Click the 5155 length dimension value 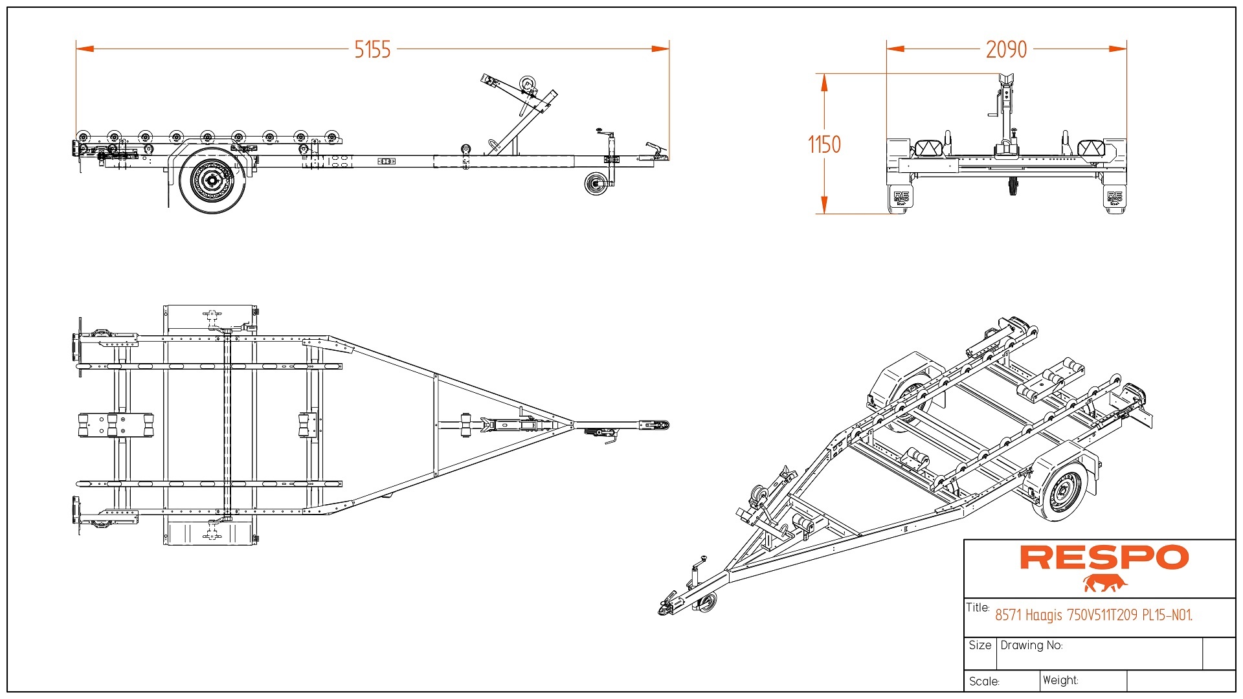point(372,49)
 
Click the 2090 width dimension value point(1006,49)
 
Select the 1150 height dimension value point(824,144)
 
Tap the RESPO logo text point(1104,557)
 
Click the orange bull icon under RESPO point(1104,582)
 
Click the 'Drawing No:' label point(1031,645)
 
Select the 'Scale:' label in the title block point(984,682)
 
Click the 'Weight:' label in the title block point(1060,680)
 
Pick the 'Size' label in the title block point(980,645)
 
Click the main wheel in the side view point(212,181)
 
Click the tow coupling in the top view point(654,425)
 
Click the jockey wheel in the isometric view point(708,602)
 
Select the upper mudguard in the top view point(209,317)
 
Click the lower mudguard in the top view point(209,533)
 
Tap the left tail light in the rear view point(928,149)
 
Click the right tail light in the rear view point(1090,149)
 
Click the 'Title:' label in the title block point(978,607)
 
